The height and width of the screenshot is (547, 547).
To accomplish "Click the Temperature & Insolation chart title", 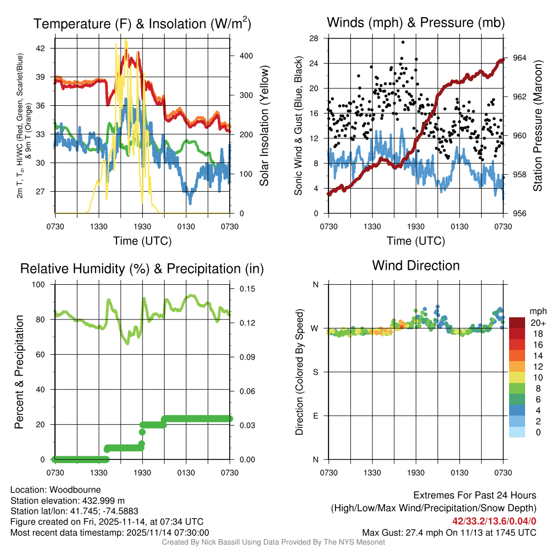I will [142, 24].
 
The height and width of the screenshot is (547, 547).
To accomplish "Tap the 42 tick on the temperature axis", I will [46, 48].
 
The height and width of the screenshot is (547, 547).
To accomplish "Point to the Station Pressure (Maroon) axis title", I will [538, 126].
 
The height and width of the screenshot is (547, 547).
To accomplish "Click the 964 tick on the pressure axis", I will [520, 58].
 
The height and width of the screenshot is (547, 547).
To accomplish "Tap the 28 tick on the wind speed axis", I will [314, 38].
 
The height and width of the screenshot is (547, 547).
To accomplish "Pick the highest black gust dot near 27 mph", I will [403, 42].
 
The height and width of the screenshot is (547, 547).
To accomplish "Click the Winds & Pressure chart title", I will [416, 23].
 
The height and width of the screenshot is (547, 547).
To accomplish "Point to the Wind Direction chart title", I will [416, 265].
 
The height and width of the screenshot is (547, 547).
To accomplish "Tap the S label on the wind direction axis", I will [315, 372].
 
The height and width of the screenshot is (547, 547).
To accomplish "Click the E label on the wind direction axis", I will [315, 416].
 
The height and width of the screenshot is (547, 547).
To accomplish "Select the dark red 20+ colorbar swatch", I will [518, 323].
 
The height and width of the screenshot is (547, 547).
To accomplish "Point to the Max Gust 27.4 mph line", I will [449, 533].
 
